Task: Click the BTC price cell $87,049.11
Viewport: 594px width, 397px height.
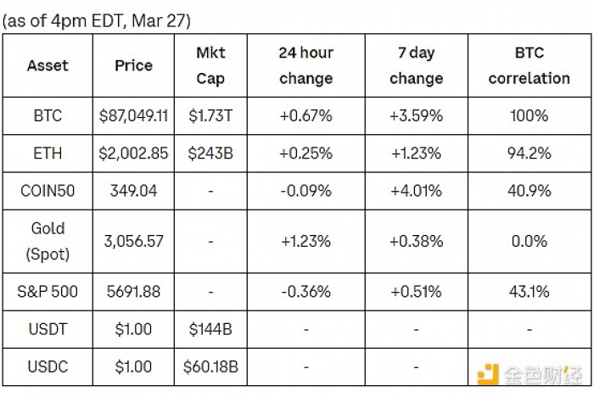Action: (x=133, y=115)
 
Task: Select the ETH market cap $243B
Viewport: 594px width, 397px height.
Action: (x=210, y=153)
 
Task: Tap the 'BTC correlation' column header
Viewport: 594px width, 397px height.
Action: (x=530, y=65)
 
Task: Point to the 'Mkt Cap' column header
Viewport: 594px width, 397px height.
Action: (x=210, y=65)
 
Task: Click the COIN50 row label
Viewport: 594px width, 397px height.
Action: (x=48, y=191)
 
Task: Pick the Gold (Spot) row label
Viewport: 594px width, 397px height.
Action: (x=48, y=241)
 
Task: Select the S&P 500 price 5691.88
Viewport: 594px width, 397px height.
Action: (x=133, y=291)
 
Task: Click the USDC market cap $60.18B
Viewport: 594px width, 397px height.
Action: (x=210, y=366)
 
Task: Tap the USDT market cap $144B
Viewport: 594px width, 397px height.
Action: (x=210, y=329)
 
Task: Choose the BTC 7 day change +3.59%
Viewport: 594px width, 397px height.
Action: (x=416, y=115)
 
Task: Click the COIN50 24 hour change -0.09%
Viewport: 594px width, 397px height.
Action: (x=305, y=191)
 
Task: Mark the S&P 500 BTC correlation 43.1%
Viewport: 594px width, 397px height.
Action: (x=530, y=291)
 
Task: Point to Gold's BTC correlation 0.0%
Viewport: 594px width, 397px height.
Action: (x=530, y=241)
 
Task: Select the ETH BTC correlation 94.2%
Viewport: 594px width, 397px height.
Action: (x=530, y=153)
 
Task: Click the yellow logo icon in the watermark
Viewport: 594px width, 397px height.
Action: (x=488, y=374)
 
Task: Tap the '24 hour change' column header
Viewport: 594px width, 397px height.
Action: (x=306, y=65)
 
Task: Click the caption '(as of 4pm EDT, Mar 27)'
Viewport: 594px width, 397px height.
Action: (x=96, y=20)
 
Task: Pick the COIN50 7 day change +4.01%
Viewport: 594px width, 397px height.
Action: (x=416, y=191)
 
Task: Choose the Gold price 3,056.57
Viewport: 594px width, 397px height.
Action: (x=133, y=241)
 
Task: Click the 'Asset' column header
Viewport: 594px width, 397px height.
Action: (x=48, y=65)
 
